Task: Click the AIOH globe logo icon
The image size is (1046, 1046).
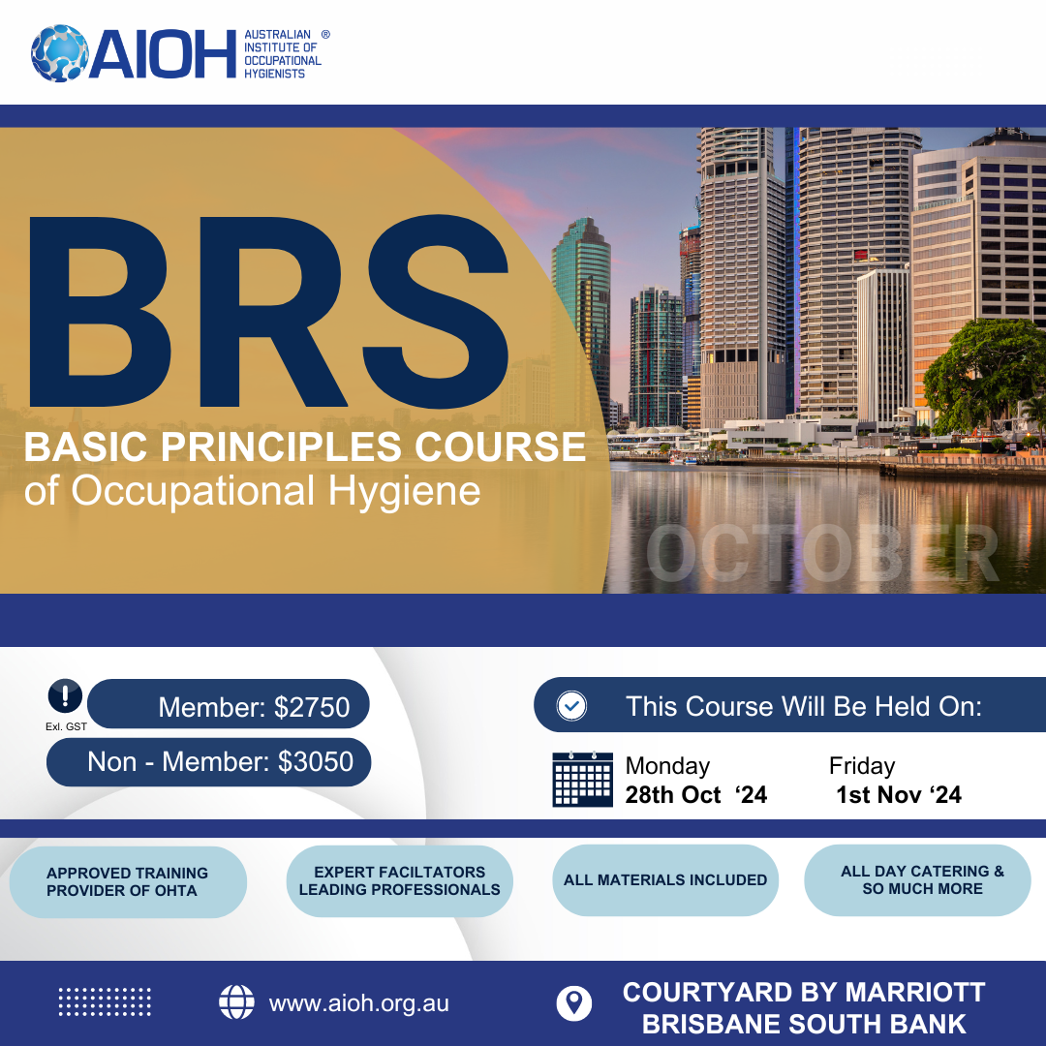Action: pos(59,53)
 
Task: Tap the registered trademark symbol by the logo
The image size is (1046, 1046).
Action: pos(325,34)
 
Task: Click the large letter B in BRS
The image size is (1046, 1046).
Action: pos(98,312)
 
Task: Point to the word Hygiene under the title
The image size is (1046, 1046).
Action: pos(404,492)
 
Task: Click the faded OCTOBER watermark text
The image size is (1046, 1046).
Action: pos(822,553)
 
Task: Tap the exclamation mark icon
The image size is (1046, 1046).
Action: pos(66,696)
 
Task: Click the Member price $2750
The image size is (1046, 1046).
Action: pos(312,707)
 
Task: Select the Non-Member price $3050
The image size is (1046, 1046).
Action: pos(316,762)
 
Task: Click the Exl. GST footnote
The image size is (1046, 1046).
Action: pos(66,726)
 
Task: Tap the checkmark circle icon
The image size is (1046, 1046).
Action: pos(571,706)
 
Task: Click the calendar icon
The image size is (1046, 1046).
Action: pos(582,779)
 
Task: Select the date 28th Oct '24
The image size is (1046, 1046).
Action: pos(695,794)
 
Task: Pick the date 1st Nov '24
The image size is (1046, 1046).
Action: pos(899,794)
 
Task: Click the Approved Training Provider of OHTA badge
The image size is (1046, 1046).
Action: pos(128,882)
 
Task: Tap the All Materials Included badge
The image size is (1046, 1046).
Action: pos(665,879)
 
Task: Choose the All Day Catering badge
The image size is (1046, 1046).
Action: pos(918,879)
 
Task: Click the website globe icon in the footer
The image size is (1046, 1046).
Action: pos(237,1002)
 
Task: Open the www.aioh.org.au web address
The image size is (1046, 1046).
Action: pos(359,1003)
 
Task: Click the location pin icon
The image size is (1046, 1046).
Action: pos(573,1003)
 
